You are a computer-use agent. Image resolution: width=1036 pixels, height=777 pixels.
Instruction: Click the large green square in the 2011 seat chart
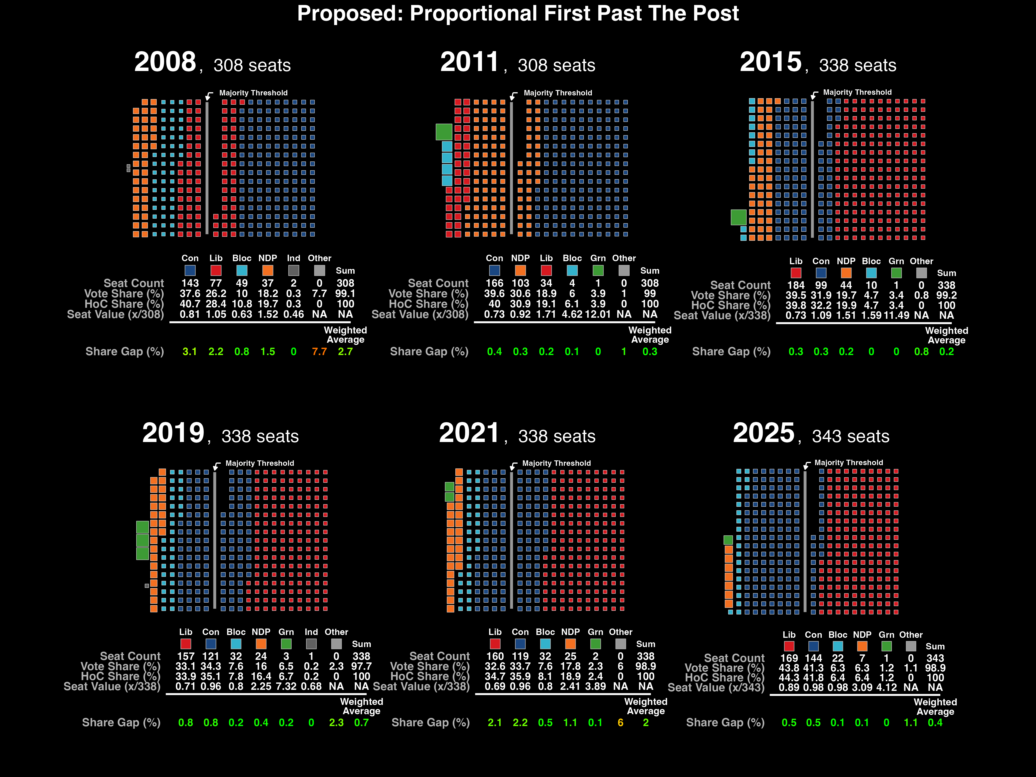tap(444, 132)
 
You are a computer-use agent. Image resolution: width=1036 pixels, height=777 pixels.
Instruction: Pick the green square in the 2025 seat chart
tap(728, 540)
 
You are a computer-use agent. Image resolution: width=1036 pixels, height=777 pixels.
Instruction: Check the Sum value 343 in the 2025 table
tap(935, 658)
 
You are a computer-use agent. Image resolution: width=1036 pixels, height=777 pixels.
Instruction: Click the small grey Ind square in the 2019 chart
tap(147, 585)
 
